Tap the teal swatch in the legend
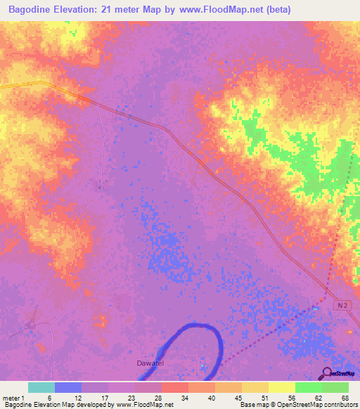41,387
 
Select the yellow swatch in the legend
282,387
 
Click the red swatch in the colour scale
175,387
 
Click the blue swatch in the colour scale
68,387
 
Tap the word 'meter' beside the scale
11,397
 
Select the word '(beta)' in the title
276,9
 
